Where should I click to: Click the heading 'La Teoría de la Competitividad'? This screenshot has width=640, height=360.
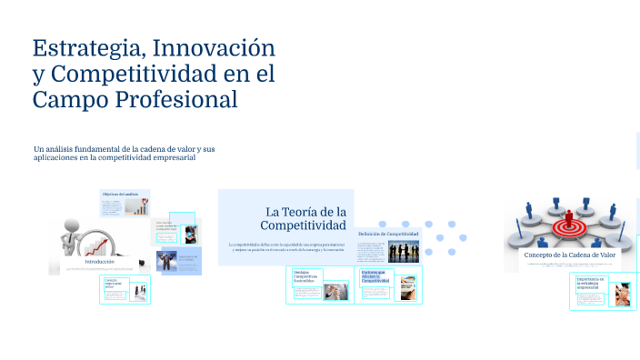tap(305, 218)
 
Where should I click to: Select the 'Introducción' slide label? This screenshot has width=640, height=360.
tap(100, 261)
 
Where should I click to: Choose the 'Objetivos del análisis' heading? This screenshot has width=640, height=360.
tap(120, 195)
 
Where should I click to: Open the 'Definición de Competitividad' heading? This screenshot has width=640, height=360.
tap(388, 234)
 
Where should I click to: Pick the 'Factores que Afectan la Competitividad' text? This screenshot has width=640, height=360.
tap(375, 276)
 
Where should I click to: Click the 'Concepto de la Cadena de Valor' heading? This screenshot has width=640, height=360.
tap(569, 255)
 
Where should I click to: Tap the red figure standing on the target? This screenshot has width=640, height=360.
tap(570, 218)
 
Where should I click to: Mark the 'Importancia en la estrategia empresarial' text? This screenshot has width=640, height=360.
tap(592, 283)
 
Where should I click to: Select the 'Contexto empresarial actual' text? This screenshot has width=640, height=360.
tap(115, 284)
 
